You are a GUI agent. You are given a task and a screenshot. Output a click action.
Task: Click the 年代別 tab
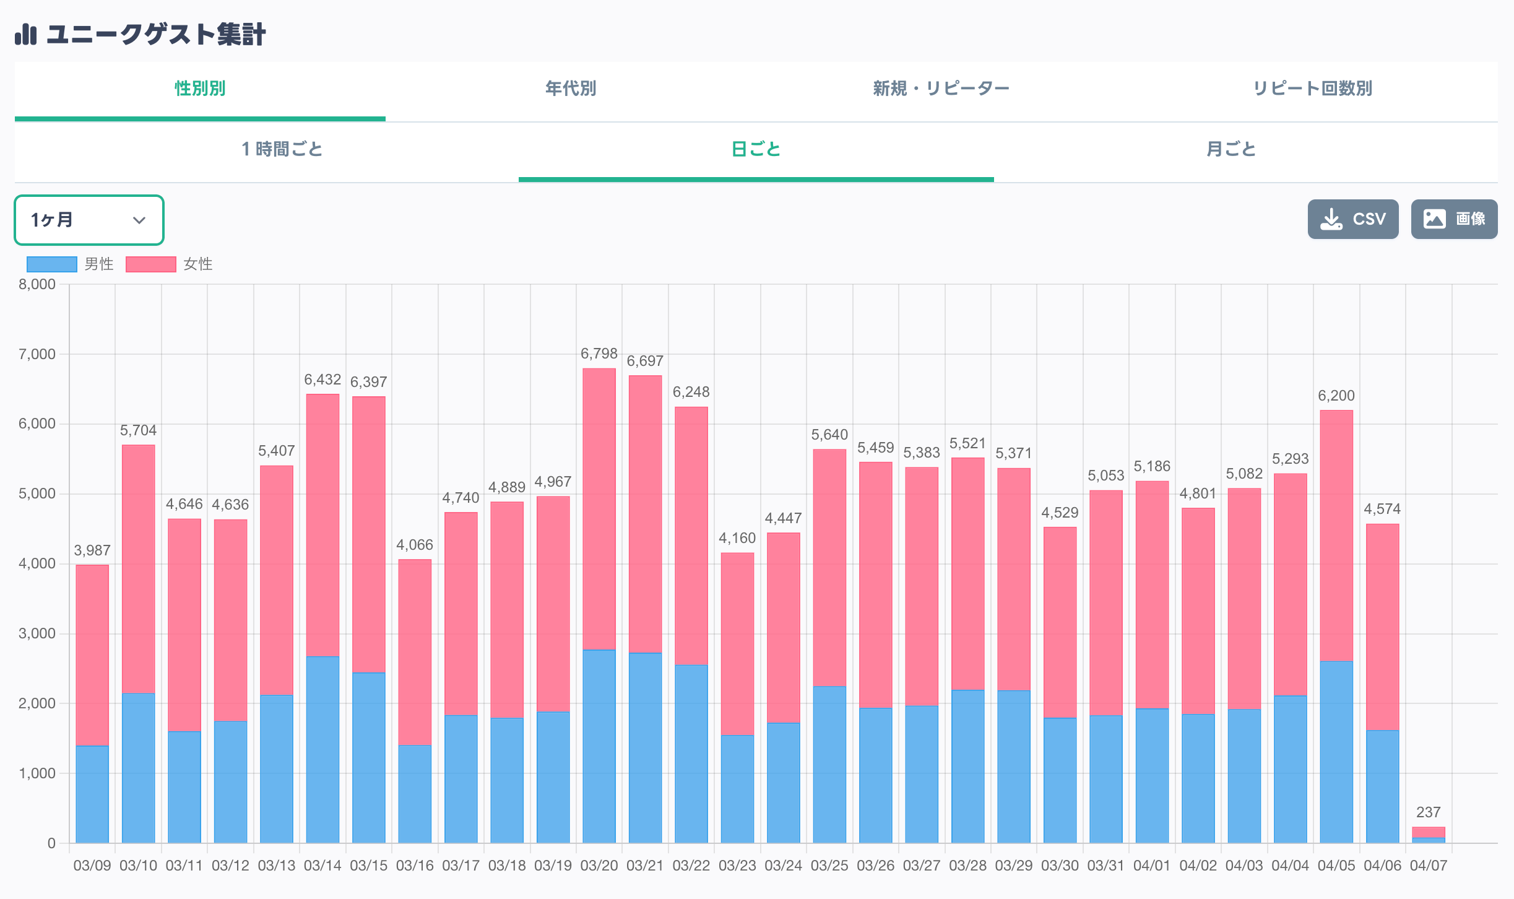pos(570,89)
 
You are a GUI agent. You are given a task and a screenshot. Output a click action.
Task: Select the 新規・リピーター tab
pos(941,89)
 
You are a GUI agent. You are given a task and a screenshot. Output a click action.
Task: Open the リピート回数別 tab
pos(1312,89)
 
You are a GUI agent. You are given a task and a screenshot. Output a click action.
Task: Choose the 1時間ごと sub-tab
pos(282,149)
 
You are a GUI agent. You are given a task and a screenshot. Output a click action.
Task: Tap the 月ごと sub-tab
pos(1231,149)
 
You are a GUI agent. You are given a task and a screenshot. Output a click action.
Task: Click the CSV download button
pos(1352,219)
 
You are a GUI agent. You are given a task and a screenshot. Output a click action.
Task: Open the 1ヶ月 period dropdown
pos(89,220)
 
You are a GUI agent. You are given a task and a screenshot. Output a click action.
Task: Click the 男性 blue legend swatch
pos(52,264)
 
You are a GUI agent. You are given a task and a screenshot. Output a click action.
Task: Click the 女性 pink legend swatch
pos(151,264)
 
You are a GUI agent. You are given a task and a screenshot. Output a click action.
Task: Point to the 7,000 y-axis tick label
pos(37,354)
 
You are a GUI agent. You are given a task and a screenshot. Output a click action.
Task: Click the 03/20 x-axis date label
pos(599,866)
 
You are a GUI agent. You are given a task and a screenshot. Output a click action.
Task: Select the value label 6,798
pos(599,354)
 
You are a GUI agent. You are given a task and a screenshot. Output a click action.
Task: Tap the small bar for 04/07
pos(1428,833)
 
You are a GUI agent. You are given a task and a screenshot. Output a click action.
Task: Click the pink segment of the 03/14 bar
pos(322,526)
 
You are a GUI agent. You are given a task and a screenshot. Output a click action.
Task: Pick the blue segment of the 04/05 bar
pos(1336,752)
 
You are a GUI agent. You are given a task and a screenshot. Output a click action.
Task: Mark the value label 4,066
pos(414,545)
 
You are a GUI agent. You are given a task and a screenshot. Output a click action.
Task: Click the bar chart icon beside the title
pos(26,34)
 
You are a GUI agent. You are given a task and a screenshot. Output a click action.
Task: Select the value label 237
pos(1428,812)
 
